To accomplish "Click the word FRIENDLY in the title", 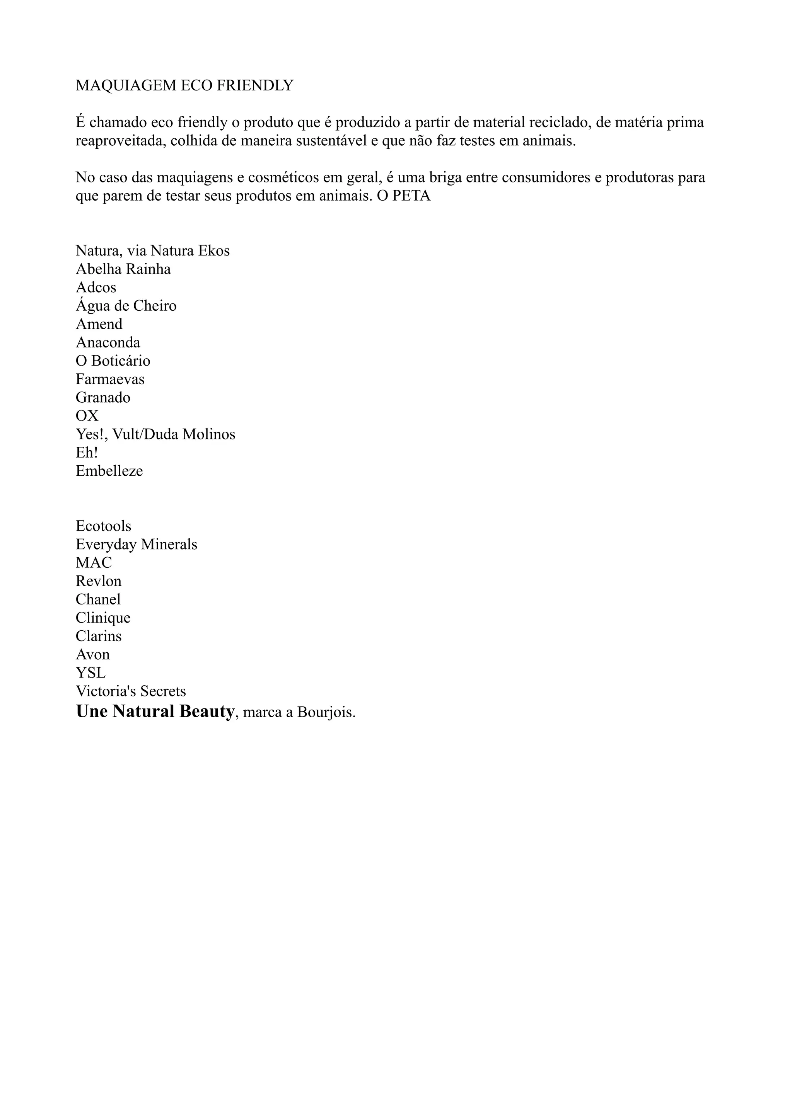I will (x=255, y=86).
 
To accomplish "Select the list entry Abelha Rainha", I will (x=123, y=269).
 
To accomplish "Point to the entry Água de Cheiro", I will (x=126, y=306).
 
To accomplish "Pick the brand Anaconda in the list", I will (x=108, y=342).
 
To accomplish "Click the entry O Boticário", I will (x=113, y=361).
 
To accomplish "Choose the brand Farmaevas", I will (x=110, y=380).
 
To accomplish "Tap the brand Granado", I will (x=103, y=398).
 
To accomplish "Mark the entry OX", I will (x=87, y=416).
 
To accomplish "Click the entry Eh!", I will (x=86, y=453).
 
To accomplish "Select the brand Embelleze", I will (x=109, y=471).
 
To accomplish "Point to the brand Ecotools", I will (x=104, y=526).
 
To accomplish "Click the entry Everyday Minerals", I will (x=136, y=545).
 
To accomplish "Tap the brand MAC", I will (x=94, y=563).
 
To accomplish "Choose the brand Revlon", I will (x=99, y=582).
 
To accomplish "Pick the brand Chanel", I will (x=98, y=599).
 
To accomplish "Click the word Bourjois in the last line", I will (x=326, y=713).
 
